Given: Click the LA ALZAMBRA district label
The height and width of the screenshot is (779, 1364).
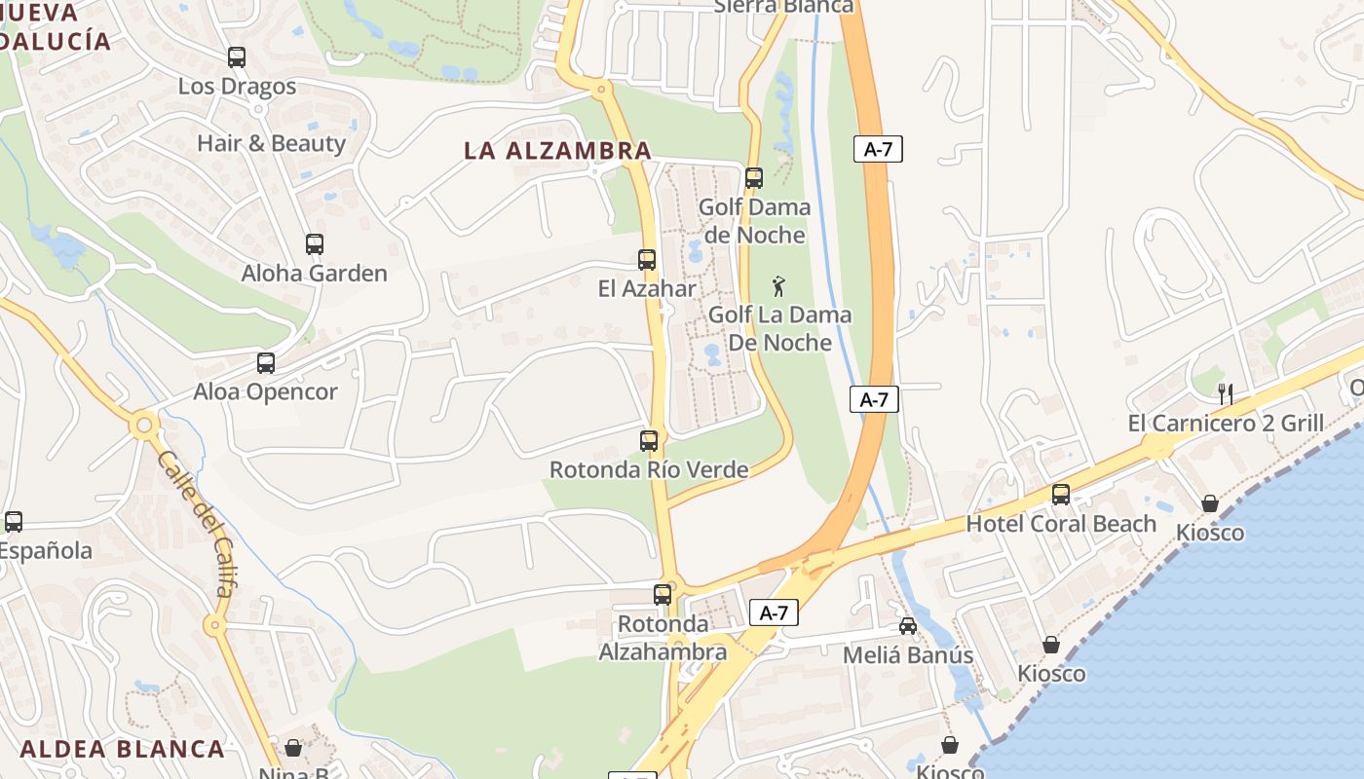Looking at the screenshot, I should [x=557, y=151].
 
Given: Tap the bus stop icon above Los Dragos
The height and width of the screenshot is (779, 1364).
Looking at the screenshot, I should [x=237, y=57].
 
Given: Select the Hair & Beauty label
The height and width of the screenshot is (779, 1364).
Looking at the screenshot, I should [x=271, y=143].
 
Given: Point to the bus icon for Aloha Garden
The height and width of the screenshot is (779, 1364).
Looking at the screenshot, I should [x=314, y=244].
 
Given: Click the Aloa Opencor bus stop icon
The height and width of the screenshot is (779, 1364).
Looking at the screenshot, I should [x=266, y=363].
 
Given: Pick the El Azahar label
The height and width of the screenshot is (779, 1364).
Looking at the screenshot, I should [x=647, y=289].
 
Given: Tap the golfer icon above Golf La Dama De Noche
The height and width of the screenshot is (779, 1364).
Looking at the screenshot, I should [x=777, y=286].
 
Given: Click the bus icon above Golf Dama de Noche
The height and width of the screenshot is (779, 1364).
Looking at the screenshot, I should [x=753, y=178].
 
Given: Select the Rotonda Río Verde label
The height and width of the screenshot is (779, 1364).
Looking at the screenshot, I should [x=649, y=469].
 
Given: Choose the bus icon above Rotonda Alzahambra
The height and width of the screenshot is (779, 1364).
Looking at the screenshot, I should [x=663, y=594].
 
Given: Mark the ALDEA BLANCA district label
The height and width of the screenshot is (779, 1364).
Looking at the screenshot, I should [x=123, y=749].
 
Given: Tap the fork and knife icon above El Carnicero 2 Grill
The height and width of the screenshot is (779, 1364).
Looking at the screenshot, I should [x=1226, y=394].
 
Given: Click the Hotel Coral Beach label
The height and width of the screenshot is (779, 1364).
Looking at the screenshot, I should [x=1061, y=524].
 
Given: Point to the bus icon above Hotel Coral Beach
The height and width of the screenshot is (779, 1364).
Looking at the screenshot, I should [x=1061, y=495].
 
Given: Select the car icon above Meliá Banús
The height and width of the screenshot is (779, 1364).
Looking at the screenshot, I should [x=908, y=625].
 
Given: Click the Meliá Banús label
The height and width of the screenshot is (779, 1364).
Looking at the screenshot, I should [x=908, y=655].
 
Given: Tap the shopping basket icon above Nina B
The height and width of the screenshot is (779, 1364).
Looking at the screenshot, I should [x=292, y=748].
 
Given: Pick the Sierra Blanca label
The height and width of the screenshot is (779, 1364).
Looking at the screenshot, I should [x=783, y=6].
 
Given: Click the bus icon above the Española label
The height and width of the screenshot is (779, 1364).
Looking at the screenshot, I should [x=14, y=522].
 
